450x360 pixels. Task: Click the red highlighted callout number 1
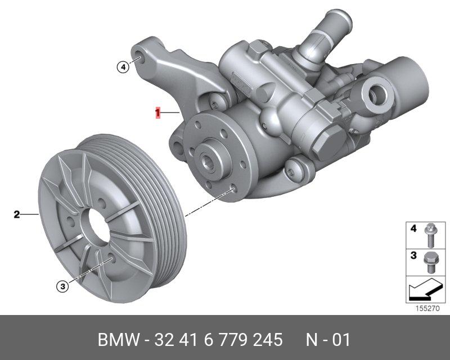tap(157, 112)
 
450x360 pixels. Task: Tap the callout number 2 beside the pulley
tap(17, 214)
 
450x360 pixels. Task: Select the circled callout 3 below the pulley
tap(62, 286)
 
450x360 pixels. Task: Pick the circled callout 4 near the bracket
tap(123, 67)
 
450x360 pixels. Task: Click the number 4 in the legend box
tap(413, 228)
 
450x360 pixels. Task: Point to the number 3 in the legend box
tap(413, 255)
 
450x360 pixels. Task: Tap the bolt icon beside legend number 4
tap(430, 235)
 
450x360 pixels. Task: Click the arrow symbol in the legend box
tap(425, 289)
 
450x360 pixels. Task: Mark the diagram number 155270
tap(427, 309)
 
